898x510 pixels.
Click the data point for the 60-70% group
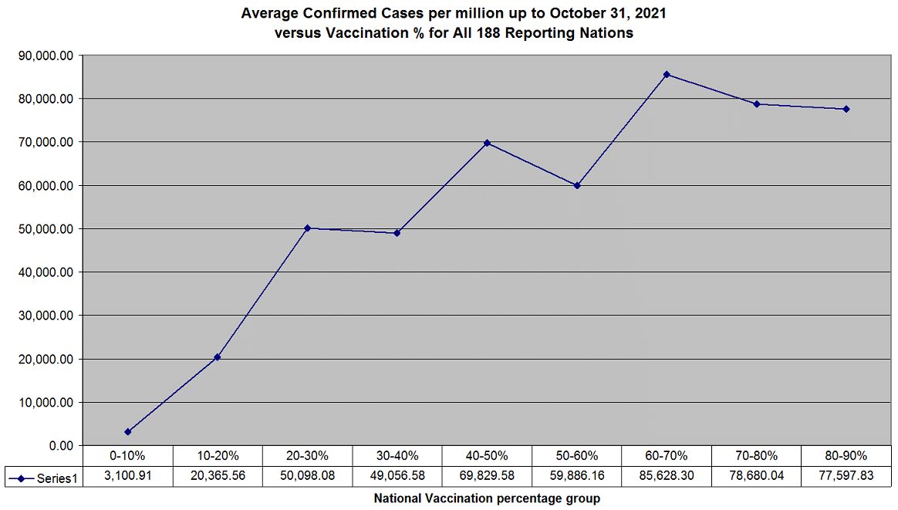667,74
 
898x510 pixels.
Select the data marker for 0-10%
127,432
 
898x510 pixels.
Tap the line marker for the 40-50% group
487,143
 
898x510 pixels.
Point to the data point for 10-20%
218,357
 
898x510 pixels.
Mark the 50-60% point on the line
577,186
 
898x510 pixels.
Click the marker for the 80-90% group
846,109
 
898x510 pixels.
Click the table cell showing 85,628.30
667,476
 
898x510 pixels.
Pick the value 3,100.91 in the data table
127,476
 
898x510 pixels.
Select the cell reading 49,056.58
397,476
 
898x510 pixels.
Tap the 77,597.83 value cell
846,476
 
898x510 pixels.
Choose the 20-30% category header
307,456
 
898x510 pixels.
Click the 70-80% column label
756,456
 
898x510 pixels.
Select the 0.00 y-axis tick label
59,446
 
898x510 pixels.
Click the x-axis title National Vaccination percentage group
487,498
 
